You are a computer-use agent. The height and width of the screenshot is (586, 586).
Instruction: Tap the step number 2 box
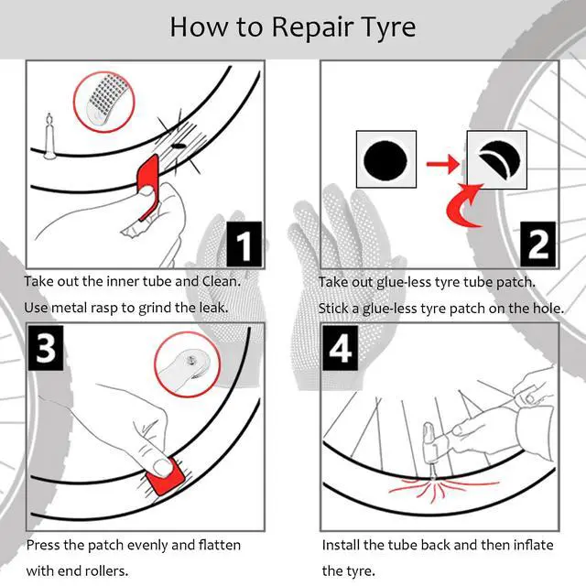(x=539, y=244)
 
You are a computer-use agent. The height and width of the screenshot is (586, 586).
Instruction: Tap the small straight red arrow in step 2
(x=442, y=163)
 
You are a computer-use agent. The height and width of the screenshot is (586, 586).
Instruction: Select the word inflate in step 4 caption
(x=533, y=545)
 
